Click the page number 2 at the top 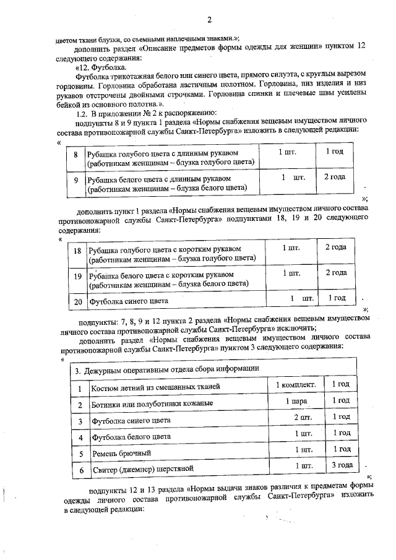pos(209,19)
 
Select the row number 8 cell pos(75,157)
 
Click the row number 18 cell pos(77,252)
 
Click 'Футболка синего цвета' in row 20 pos(129,302)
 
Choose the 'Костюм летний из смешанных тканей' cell pos(156,387)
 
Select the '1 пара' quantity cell pos(296,401)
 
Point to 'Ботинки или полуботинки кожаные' pos(152,404)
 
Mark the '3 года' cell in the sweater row pos(342,465)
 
